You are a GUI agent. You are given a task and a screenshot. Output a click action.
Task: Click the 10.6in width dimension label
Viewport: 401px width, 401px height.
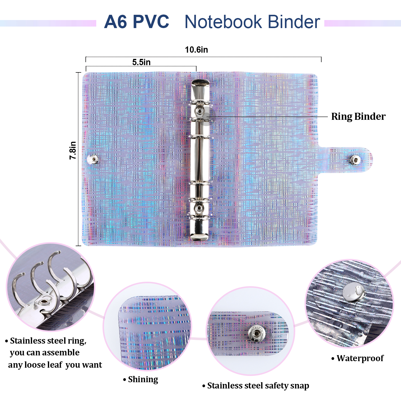pos(196,50)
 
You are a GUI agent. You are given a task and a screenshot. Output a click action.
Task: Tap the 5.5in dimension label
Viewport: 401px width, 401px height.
pos(141,62)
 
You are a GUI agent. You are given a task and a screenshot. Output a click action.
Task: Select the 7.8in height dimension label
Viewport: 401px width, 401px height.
pos(73,150)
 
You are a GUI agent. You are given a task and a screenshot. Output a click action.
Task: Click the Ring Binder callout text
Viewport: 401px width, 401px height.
pos(358,117)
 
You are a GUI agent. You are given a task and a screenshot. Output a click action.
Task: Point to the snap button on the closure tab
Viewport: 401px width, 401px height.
pos(355,160)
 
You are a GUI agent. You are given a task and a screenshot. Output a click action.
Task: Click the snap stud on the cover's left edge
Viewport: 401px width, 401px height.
pos(94,159)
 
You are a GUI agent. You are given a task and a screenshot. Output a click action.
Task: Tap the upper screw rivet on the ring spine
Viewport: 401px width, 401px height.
pos(199,111)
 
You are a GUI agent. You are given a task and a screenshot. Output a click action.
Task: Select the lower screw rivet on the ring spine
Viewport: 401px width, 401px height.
pos(199,208)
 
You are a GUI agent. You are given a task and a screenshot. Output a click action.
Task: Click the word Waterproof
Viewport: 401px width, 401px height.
pos(360,358)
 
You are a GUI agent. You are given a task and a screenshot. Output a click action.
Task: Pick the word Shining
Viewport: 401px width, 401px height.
pos(143,379)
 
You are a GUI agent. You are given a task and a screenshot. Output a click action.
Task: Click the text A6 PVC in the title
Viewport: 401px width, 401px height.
pos(137,22)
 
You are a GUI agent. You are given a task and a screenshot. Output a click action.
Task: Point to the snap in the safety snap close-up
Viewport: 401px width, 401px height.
pos(256,333)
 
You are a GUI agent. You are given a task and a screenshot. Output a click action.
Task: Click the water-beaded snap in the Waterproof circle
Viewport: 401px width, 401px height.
pos(354,292)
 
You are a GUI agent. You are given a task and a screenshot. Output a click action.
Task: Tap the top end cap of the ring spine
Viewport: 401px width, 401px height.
pos(200,83)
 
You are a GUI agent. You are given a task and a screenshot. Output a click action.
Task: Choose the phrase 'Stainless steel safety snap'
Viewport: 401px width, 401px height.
pos(258,386)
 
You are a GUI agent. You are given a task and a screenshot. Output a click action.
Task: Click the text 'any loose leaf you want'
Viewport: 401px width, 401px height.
pos(55,365)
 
